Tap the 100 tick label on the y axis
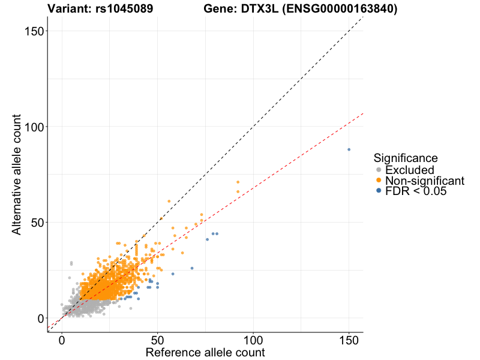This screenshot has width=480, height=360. [35, 127]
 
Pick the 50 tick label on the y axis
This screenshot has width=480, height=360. [38, 222]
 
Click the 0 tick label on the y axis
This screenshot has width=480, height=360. [41, 318]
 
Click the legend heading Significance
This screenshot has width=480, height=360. [406, 158]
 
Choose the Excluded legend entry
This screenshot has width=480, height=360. [409, 170]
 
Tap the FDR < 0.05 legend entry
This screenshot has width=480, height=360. [416, 191]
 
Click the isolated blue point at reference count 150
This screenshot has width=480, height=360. [349, 149]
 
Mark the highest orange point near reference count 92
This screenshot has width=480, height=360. [238, 182]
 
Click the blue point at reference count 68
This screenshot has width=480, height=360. [192, 268]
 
